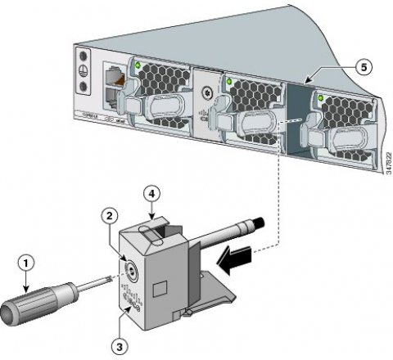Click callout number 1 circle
tap(27, 263)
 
